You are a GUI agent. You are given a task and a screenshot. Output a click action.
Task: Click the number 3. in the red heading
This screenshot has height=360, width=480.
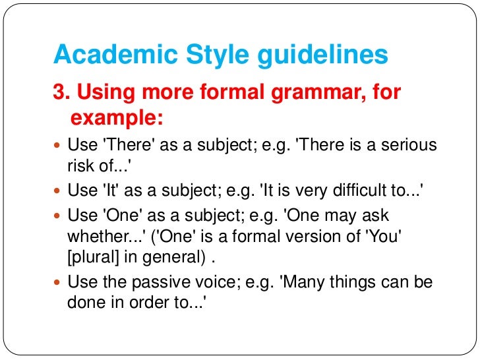[62, 93]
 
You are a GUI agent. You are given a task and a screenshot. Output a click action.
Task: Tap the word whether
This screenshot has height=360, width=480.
[95, 237]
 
